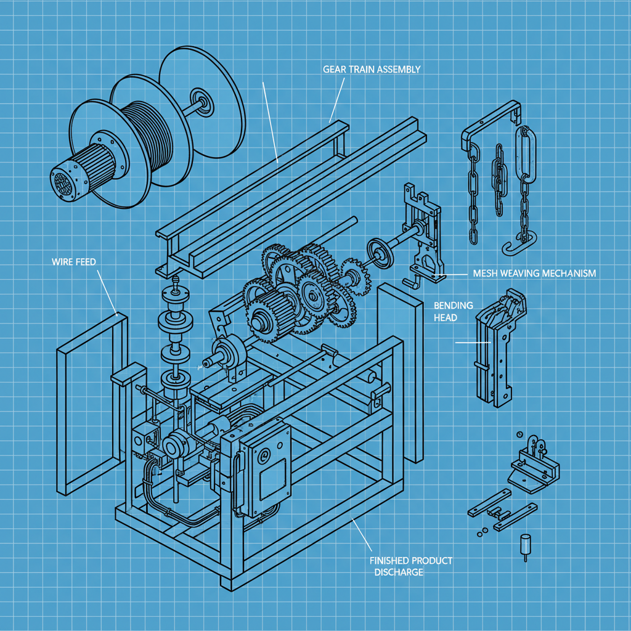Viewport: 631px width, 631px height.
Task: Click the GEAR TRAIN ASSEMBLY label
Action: click(371, 69)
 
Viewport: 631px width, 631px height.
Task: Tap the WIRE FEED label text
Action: click(73, 262)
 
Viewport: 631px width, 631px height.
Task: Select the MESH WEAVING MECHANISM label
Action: click(534, 273)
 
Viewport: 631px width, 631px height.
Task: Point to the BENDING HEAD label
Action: click(454, 311)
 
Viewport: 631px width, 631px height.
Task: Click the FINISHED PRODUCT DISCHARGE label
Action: click(410, 566)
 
